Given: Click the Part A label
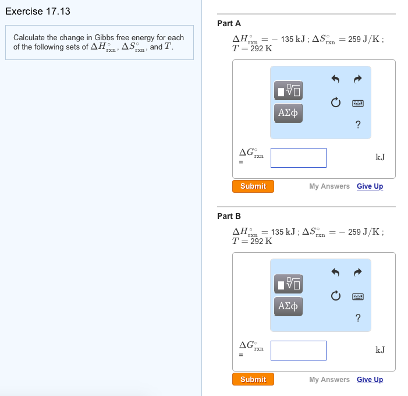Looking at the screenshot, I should [x=229, y=23].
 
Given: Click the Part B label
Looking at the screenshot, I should [x=229, y=216].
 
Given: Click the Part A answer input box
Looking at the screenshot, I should [x=298, y=157].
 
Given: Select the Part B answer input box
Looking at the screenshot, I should [x=298, y=350].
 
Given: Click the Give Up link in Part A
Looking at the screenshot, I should [x=370, y=186].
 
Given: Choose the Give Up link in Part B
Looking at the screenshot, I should [x=370, y=380].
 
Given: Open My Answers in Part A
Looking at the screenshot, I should [x=329, y=186].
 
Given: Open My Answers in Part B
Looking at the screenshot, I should [x=329, y=380].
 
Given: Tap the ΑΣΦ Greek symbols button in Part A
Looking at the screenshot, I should [x=289, y=113].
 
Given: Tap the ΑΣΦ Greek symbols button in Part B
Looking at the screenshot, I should [x=289, y=306].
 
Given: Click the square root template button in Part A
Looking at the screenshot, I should [x=289, y=90].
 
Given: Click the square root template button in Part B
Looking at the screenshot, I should [x=289, y=283].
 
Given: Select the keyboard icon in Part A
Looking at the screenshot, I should [x=358, y=104].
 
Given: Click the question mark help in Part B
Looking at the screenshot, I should [x=358, y=317].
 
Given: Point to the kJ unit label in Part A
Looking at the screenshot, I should [x=380, y=157].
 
